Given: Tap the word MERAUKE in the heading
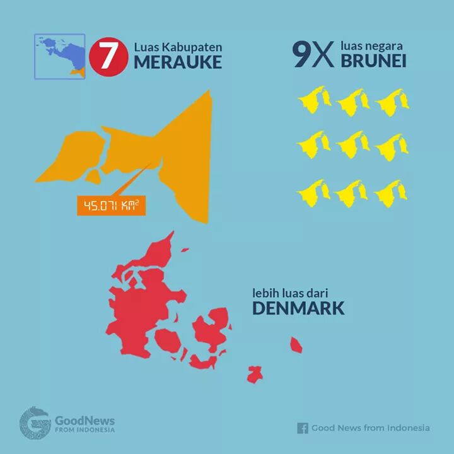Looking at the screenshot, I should [x=177, y=62].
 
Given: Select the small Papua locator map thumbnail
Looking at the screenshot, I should [x=59, y=56].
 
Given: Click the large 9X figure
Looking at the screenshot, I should [x=313, y=56].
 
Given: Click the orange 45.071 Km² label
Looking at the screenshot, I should [x=111, y=206].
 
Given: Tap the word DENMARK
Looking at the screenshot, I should [x=298, y=308].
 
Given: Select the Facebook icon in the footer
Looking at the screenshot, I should [x=303, y=428].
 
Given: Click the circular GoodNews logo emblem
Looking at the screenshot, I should [x=35, y=422].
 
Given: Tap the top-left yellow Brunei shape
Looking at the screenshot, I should [x=313, y=100].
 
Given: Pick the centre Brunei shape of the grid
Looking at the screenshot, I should [x=352, y=144].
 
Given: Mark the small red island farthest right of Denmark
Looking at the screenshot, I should [x=295, y=344].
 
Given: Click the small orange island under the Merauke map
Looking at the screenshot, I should [x=93, y=175].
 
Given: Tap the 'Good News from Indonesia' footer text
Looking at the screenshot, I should [x=371, y=428].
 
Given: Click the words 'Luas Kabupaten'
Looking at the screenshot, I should [x=178, y=47].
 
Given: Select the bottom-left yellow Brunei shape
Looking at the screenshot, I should [x=313, y=192].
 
